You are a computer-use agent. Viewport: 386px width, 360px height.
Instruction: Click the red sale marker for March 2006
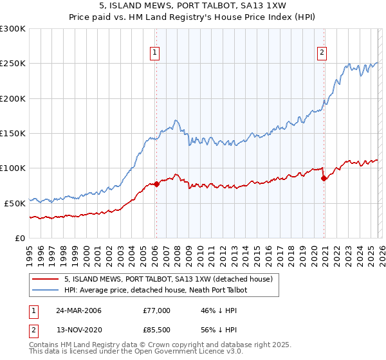click(156, 184)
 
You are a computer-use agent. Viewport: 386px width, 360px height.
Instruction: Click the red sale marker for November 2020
click(324, 178)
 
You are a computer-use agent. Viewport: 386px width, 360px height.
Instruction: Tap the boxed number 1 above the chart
click(156, 53)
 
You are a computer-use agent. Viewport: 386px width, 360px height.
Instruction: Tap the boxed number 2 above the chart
click(322, 53)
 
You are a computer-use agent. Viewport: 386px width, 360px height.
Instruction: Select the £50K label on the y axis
click(15, 203)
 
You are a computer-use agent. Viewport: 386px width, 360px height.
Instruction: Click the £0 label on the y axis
click(20, 238)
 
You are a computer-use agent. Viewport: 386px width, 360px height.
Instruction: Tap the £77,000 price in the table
click(156, 310)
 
